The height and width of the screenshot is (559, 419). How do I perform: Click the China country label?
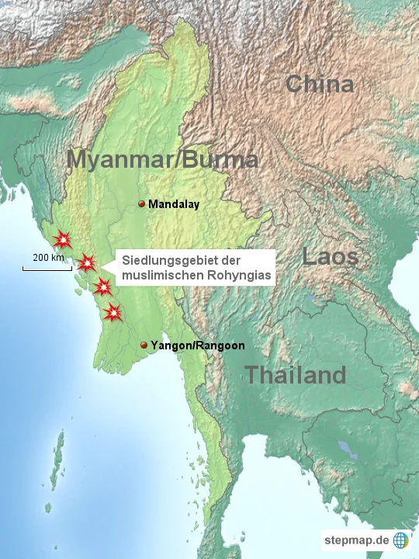click(x=319, y=84)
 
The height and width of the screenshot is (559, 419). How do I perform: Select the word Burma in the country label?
click(x=218, y=159)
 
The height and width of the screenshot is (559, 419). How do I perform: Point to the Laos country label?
click(x=330, y=257)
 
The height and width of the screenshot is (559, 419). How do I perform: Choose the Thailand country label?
click(x=296, y=375)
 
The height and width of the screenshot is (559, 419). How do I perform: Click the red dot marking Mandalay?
click(x=141, y=204)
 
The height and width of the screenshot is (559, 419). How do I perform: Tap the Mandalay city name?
click(x=174, y=205)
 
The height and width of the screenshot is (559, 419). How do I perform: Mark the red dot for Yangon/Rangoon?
click(x=144, y=345)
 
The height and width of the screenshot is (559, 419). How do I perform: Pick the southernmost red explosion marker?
click(x=113, y=312)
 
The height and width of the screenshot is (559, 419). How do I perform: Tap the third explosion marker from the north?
click(x=102, y=288)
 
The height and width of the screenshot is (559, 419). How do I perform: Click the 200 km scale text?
click(x=48, y=257)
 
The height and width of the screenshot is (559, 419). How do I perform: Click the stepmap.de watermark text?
click(x=356, y=540)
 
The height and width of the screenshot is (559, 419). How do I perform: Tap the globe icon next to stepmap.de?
click(x=401, y=540)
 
